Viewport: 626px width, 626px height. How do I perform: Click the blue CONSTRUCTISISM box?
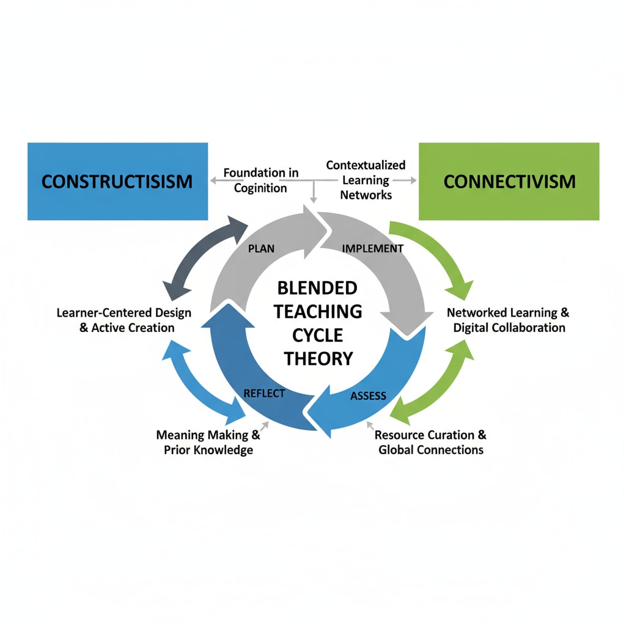pyautogui.click(x=117, y=181)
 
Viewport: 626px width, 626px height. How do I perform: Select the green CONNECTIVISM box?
pyautogui.click(x=509, y=181)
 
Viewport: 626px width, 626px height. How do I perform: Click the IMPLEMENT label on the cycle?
pyautogui.click(x=373, y=248)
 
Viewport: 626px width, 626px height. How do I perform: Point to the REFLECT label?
pyautogui.click(x=264, y=393)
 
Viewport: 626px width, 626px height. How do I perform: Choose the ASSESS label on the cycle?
pyautogui.click(x=368, y=396)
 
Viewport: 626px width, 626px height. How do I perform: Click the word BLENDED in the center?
pyautogui.click(x=317, y=288)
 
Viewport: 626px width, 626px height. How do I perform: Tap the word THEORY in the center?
pyautogui.click(x=317, y=358)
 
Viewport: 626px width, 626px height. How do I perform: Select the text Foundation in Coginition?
pyautogui.click(x=261, y=180)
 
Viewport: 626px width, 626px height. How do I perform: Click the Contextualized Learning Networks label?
pyautogui.click(x=365, y=180)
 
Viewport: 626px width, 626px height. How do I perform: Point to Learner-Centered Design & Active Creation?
pyautogui.click(x=124, y=320)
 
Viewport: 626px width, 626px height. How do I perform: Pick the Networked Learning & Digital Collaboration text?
pyautogui.click(x=509, y=320)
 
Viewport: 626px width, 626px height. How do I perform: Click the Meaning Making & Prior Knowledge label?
pyautogui.click(x=208, y=443)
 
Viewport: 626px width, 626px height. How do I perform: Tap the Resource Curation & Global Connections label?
pyautogui.click(x=430, y=443)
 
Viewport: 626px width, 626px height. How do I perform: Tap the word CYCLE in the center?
pyautogui.click(x=317, y=335)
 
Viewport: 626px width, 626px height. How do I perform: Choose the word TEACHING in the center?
pyautogui.click(x=317, y=311)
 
